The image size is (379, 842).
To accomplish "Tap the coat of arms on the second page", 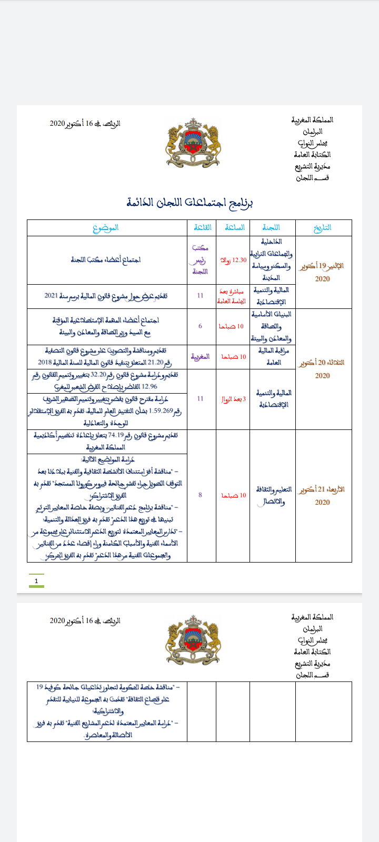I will coord(193,639).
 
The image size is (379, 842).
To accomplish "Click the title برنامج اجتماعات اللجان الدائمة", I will coord(189,203).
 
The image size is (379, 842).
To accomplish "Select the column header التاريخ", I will coord(323,228).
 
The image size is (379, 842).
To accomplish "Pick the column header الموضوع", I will coord(106,228).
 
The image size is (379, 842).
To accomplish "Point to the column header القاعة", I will coord(202,228).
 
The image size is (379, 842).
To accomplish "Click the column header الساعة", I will coord(235,228).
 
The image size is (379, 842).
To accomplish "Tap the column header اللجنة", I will coord(272,228).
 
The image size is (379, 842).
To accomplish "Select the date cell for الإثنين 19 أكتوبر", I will coord(323,272).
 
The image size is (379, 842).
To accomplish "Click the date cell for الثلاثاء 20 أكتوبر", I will coord(323,369).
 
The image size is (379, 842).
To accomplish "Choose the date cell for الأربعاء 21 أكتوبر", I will coord(323,496).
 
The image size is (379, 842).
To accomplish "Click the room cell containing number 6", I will coord(200,326).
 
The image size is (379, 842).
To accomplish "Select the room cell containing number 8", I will coord(200,495).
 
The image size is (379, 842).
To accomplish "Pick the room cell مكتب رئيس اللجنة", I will coord(201,260).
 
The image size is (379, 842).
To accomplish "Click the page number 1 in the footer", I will coord(36,581).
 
